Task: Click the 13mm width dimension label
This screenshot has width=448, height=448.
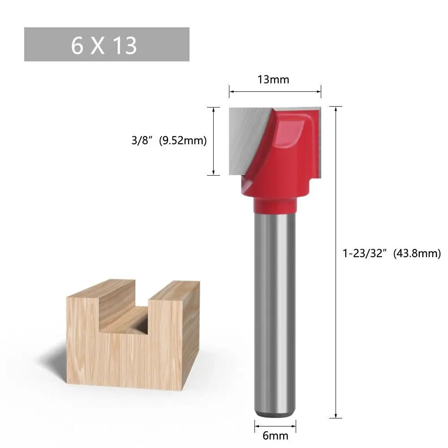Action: click(x=273, y=80)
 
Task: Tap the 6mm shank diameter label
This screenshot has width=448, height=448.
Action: click(x=275, y=435)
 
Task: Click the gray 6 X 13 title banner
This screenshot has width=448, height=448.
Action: click(x=107, y=44)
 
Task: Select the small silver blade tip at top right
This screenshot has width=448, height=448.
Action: click(x=314, y=110)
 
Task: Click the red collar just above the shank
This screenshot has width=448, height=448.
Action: click(x=275, y=206)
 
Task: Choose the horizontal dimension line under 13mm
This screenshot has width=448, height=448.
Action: click(x=275, y=92)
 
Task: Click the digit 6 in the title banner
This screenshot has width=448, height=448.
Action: click(x=78, y=45)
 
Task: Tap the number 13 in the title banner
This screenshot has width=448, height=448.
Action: click(x=125, y=45)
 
